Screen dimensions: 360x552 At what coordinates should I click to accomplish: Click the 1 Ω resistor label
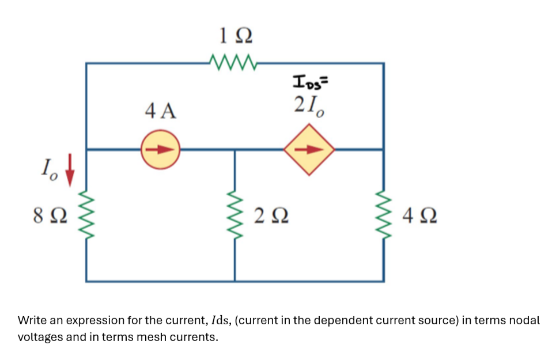(235, 36)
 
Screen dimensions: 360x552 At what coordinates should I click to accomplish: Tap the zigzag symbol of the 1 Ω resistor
(235, 60)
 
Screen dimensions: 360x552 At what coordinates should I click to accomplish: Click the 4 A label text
(161, 110)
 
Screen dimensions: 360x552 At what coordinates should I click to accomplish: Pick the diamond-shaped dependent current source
(309, 149)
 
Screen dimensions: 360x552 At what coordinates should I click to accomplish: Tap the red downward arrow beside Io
(70, 170)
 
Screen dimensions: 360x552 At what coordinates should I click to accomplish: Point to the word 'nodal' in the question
(524, 320)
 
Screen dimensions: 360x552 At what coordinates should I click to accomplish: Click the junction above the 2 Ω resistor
(235, 150)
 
